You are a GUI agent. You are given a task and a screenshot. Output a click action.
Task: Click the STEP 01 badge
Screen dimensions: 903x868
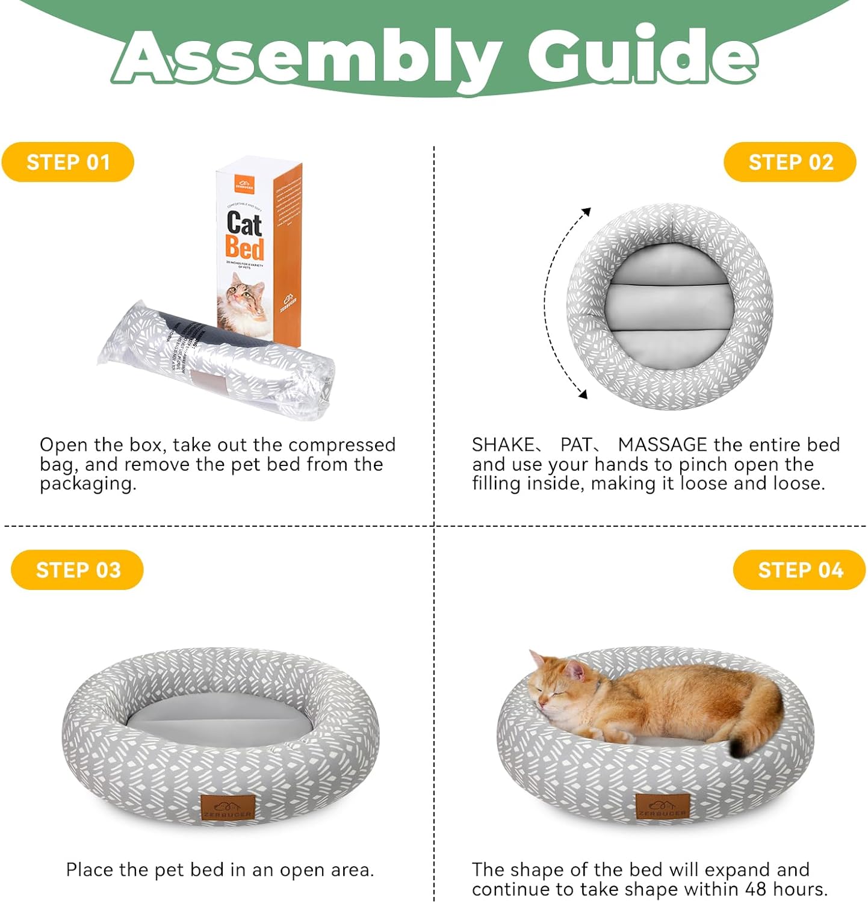[x=67, y=162]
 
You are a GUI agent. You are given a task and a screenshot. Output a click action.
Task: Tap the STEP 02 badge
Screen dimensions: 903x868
[x=790, y=162]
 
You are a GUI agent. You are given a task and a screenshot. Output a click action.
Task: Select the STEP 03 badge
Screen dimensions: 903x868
[x=77, y=569]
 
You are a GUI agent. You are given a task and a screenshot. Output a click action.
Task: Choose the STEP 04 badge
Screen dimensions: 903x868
[x=799, y=569]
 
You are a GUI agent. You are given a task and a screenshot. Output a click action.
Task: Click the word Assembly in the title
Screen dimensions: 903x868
[x=307, y=57]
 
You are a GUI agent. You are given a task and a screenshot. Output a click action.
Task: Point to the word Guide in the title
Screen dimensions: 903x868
[x=641, y=57]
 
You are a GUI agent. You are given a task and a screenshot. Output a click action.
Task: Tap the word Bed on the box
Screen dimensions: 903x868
[x=244, y=247]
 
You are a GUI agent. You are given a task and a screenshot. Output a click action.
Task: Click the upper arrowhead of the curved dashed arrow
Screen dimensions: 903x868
[x=586, y=212]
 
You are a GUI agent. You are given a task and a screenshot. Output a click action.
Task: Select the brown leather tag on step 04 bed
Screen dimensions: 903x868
[x=662, y=807]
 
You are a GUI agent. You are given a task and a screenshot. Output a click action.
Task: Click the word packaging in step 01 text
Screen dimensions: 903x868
[x=87, y=484]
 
